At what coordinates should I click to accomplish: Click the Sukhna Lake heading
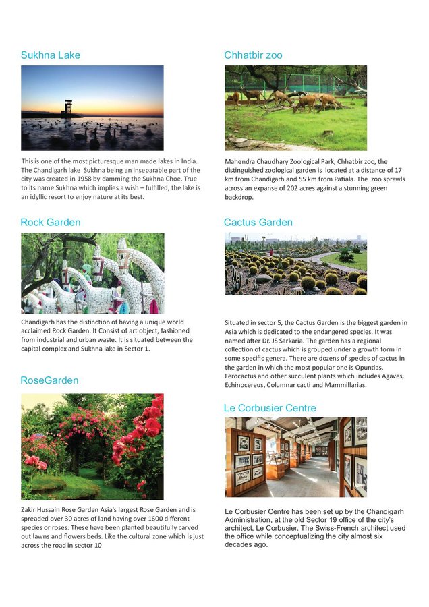tap(50, 55)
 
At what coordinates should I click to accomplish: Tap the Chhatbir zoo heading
tap(253, 55)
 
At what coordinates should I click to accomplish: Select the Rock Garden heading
tap(50, 223)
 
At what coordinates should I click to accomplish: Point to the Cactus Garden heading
tap(258, 223)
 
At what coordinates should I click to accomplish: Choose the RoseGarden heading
tap(49, 381)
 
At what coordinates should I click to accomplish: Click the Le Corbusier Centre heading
tap(269, 409)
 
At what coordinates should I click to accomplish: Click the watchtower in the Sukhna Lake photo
tap(67, 108)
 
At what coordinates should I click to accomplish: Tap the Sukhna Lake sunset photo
tap(92, 108)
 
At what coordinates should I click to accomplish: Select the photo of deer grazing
tap(295, 108)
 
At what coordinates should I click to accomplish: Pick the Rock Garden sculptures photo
tap(92, 273)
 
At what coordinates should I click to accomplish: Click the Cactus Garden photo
tap(295, 264)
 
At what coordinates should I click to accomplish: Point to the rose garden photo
tap(92, 446)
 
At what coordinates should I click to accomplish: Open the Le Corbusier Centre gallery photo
tap(295, 457)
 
